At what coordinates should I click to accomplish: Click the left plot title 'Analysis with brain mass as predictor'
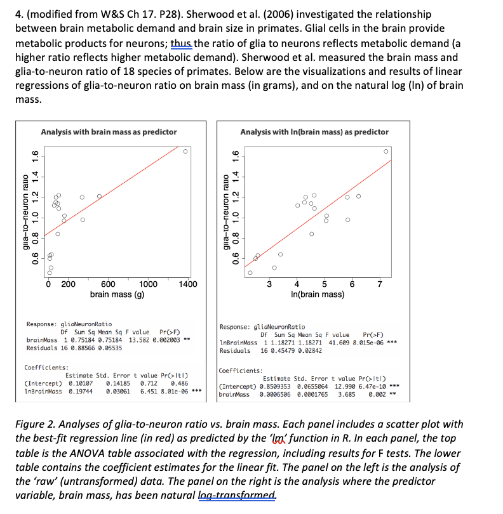click(x=109, y=132)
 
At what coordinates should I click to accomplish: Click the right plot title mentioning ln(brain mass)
click(x=314, y=132)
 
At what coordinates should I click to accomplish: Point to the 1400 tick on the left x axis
click(x=188, y=284)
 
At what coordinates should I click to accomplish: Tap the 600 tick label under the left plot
click(x=109, y=284)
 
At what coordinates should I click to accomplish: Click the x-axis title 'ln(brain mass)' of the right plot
click(x=317, y=294)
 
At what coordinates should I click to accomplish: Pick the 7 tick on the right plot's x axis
click(x=379, y=284)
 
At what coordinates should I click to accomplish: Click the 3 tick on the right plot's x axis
click(x=269, y=284)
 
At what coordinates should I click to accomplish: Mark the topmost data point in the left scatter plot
click(x=185, y=151)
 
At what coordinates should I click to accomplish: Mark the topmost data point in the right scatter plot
click(x=386, y=151)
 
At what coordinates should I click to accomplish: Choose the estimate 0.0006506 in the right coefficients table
click(x=275, y=394)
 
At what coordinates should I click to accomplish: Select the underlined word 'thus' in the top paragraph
click(x=181, y=43)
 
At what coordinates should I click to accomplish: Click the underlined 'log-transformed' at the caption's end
click(x=243, y=496)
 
